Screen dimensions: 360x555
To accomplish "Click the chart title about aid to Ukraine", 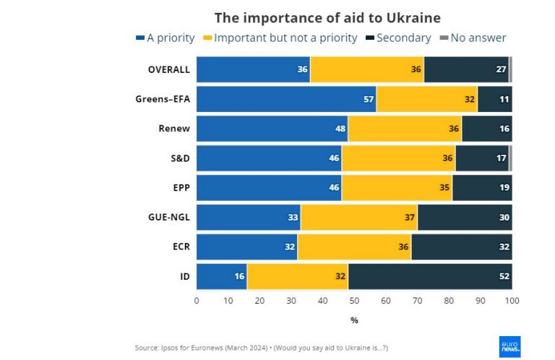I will point(327,17).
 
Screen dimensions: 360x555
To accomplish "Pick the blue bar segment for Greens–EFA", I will point(286,99).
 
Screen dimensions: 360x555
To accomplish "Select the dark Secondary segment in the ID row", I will point(430,276).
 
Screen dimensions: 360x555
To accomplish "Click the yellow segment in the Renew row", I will point(405,129).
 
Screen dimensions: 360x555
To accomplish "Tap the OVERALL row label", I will point(168,69).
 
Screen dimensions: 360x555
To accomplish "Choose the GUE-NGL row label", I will point(168,217).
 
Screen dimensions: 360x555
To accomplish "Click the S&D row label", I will point(177,158).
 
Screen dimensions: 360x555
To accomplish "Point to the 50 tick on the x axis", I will point(354,301).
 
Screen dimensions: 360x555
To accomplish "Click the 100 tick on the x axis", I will point(512,301).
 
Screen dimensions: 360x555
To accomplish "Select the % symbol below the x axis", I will point(354,320).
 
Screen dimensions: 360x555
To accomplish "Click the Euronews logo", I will point(509,346).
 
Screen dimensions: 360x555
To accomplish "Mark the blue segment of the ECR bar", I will point(246,247).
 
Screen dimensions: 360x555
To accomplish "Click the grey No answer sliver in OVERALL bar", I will point(510,69).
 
